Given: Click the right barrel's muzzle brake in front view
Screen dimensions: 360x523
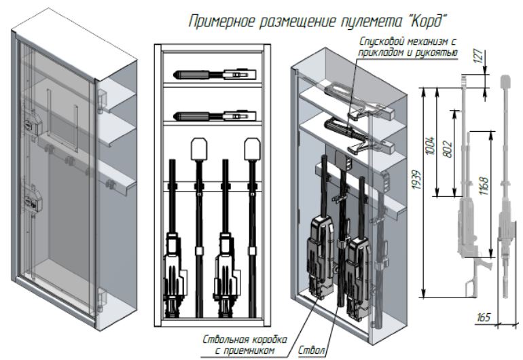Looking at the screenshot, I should (253, 147).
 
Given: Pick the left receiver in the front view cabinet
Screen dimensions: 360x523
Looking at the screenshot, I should (174, 272).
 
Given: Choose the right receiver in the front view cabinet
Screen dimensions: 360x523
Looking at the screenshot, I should (225, 272).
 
